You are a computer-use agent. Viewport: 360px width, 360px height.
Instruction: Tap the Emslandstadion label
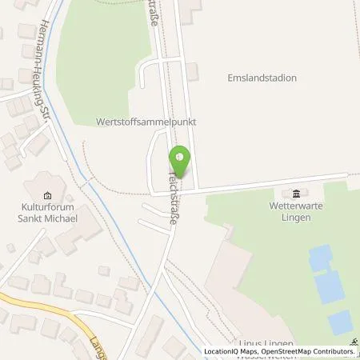tap(262, 78)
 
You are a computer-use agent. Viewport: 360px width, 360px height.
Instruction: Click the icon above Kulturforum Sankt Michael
tap(46, 195)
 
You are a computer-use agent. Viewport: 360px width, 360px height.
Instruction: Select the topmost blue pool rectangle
tap(320, 258)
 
